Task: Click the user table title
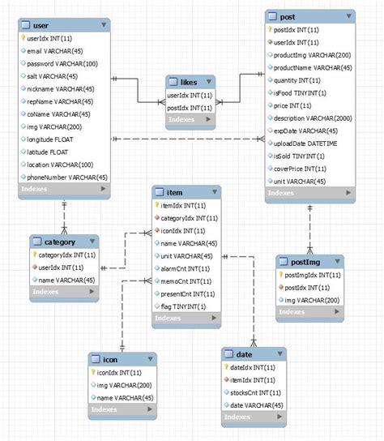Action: (41, 25)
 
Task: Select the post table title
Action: (287, 17)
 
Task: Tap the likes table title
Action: (182, 82)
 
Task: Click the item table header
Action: (175, 192)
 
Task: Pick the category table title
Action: (62, 242)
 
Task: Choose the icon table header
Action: (111, 358)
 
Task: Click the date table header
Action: (244, 354)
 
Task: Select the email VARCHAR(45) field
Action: (56, 50)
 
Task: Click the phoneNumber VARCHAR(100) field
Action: (67, 177)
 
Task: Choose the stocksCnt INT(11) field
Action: (258, 392)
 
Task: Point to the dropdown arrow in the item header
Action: (213, 193)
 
